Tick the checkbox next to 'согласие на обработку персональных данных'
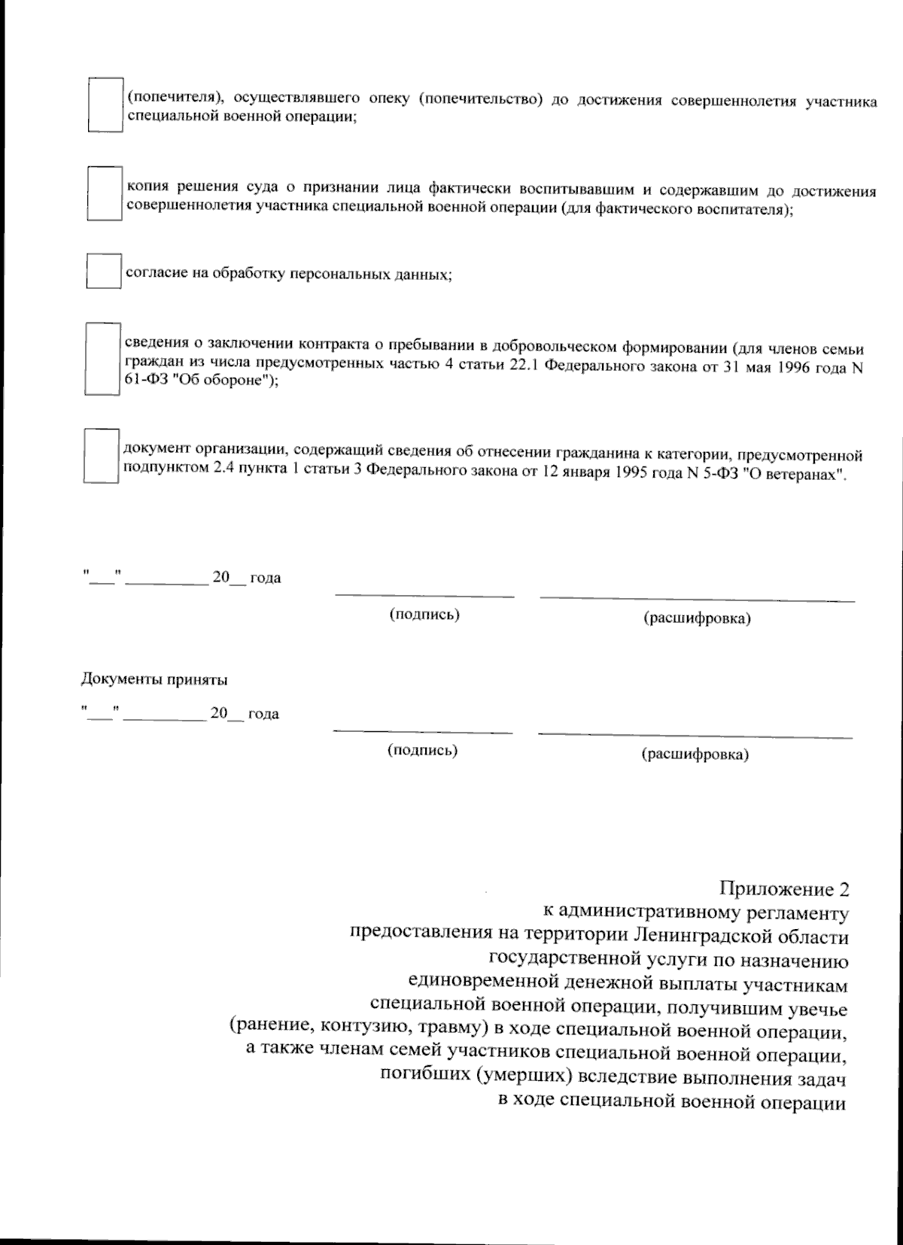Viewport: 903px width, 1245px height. [x=103, y=271]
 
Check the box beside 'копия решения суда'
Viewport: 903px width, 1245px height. [x=104, y=193]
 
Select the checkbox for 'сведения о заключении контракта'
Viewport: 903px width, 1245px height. [x=102, y=359]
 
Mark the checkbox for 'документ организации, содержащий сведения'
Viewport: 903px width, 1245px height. [x=101, y=456]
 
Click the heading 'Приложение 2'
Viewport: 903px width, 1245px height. [x=784, y=888]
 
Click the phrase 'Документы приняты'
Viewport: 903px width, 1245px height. [x=154, y=680]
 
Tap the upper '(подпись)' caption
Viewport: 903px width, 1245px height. [x=424, y=615]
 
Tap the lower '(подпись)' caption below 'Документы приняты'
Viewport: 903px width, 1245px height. [x=422, y=750]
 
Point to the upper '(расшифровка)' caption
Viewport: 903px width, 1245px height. [x=697, y=619]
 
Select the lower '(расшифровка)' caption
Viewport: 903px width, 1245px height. [x=695, y=754]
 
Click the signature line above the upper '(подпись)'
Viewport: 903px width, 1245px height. [x=424, y=596]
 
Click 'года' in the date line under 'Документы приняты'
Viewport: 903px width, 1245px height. [x=263, y=714]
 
